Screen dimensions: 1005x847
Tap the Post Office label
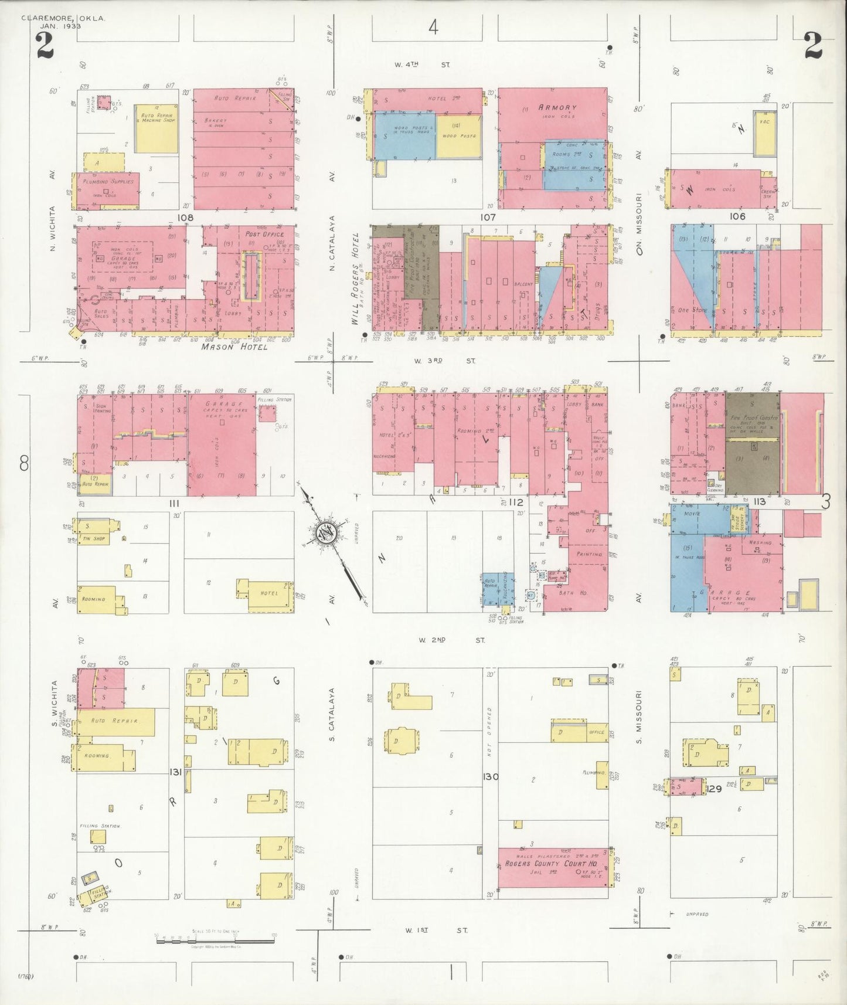click(264, 234)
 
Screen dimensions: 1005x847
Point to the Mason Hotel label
click(234, 347)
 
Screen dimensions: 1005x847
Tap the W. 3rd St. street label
click(445, 361)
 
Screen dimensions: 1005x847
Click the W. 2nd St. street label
click(451, 640)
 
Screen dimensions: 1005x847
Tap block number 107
click(488, 217)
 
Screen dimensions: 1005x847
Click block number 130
click(491, 776)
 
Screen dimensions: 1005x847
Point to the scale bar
click(215, 941)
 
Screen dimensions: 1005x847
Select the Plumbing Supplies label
click(108, 182)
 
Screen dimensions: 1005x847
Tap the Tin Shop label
click(94, 539)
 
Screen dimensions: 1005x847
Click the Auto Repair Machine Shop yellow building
click(155, 130)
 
